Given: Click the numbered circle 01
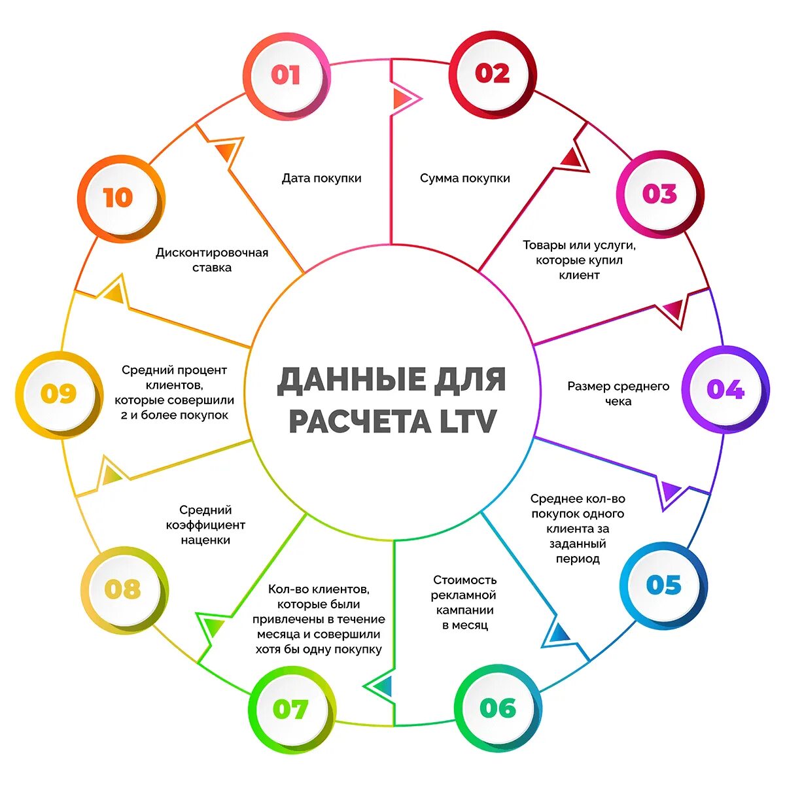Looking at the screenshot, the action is tap(285, 75).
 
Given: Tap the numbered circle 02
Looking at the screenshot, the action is tap(493, 73).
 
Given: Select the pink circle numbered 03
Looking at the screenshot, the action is tap(659, 194).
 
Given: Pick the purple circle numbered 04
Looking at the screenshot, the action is tap(725, 390).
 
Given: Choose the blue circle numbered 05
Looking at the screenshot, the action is tap(663, 585).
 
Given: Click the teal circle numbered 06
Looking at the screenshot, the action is tap(497, 707).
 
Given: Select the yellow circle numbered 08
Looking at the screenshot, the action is tap(122, 589).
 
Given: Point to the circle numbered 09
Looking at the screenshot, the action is tap(59, 394).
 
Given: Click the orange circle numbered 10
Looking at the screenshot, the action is tap(118, 198).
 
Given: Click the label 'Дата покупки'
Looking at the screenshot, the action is tap(321, 178).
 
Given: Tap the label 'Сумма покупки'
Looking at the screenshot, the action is tap(464, 178).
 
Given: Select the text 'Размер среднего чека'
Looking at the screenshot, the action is tap(618, 393).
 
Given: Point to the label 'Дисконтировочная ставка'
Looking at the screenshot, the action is tap(212, 260).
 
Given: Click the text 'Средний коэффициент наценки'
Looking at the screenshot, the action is tap(205, 525).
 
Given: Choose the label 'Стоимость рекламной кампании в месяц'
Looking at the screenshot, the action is tap(464, 602).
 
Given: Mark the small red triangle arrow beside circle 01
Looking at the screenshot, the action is tap(400, 98).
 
